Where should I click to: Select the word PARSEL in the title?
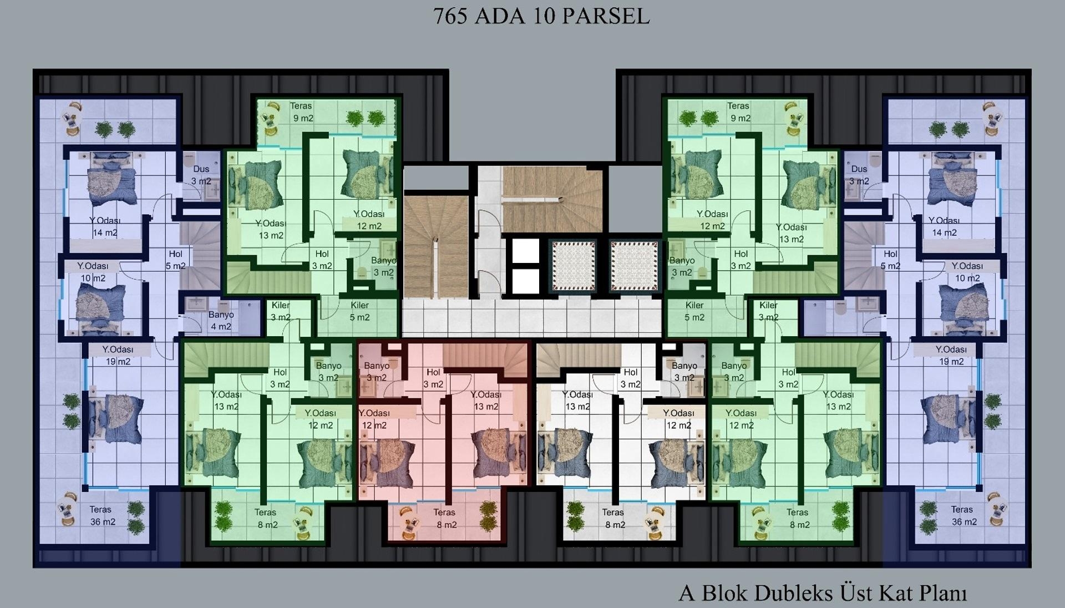click(606, 16)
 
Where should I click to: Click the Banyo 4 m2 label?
click(221, 321)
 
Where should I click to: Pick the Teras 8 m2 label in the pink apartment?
click(445, 519)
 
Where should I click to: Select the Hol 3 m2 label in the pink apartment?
click(433, 378)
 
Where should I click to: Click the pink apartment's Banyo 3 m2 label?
click(377, 372)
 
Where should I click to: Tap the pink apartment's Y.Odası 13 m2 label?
click(486, 401)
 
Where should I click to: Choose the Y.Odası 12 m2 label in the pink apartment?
click(374, 419)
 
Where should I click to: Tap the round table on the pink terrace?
click(410, 520)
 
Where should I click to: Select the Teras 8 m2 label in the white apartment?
click(613, 519)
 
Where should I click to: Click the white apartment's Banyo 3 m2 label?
click(684, 372)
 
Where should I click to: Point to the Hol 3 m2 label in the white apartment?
click(631, 378)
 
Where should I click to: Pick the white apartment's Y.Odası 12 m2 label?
click(679, 419)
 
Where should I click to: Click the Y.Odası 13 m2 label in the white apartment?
click(577, 401)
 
